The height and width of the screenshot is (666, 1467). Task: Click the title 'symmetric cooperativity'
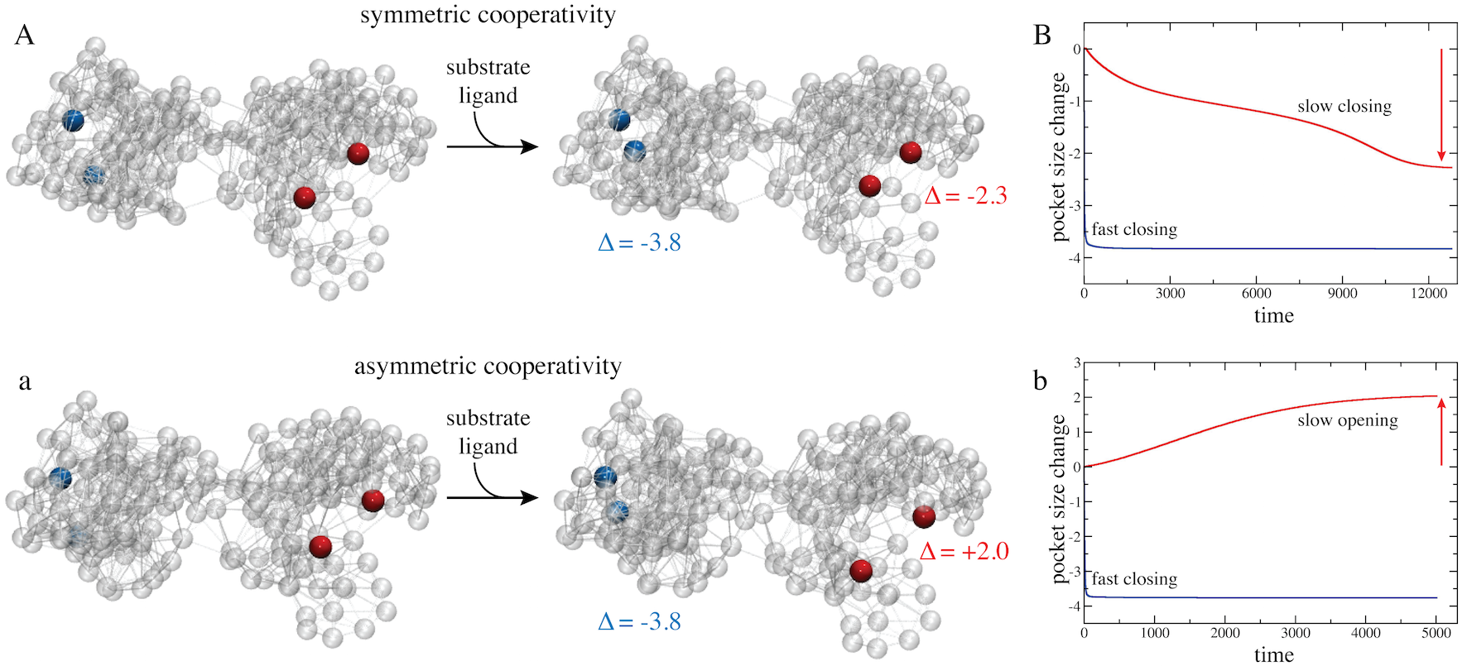click(488, 16)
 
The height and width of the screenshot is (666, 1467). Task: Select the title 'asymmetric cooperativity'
click(488, 367)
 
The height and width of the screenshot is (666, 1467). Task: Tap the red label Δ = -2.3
click(965, 196)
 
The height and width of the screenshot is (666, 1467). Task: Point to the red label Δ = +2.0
click(964, 552)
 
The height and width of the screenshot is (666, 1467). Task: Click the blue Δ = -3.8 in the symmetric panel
click(639, 243)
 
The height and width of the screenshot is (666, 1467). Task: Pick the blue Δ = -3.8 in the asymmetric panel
click(639, 622)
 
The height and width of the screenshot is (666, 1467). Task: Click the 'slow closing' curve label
click(1344, 107)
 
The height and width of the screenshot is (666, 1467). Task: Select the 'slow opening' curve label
click(1347, 421)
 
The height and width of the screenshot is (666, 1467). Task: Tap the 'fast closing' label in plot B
click(1133, 230)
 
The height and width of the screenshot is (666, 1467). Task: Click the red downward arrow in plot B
click(1441, 104)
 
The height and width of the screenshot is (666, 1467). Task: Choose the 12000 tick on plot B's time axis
click(1429, 293)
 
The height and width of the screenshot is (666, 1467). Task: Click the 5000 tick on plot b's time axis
click(1436, 633)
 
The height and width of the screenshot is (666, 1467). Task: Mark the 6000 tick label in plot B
click(1256, 293)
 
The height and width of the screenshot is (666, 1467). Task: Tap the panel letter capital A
click(25, 36)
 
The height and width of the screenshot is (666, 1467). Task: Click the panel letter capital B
click(1042, 36)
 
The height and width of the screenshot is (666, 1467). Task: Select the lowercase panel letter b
click(1041, 381)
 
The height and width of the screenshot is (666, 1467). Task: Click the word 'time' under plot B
click(1273, 315)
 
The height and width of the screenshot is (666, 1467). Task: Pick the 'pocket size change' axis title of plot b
click(1059, 499)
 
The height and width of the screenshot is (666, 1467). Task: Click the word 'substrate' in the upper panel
click(488, 68)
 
